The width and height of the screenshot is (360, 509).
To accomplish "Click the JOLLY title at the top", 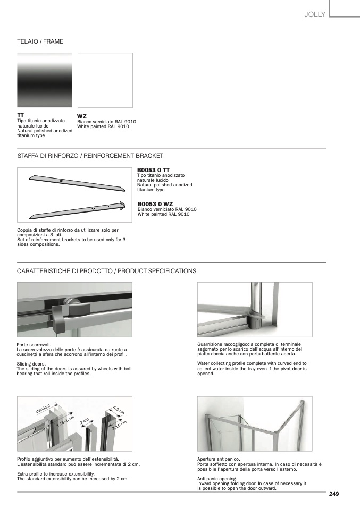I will [314, 15].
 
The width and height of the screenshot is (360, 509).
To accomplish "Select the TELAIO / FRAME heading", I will [40, 41].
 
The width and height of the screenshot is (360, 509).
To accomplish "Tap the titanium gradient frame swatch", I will [44, 80].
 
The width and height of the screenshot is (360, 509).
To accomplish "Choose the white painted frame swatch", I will [105, 80].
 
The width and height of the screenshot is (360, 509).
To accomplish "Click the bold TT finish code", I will [21, 115].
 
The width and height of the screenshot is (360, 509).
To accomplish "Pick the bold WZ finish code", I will [82, 116].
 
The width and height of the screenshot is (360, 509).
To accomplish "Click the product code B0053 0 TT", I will [154, 170].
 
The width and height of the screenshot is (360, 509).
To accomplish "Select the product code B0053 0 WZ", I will [155, 203].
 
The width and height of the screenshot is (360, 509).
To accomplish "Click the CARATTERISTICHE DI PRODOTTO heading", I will [107, 271].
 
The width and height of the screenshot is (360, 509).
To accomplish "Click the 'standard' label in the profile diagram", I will [43, 409].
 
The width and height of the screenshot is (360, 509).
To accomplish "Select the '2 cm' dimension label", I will [84, 422].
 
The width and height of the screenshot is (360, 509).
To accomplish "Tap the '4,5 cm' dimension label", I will [119, 410].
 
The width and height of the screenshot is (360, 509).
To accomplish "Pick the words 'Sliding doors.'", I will [32, 364].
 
